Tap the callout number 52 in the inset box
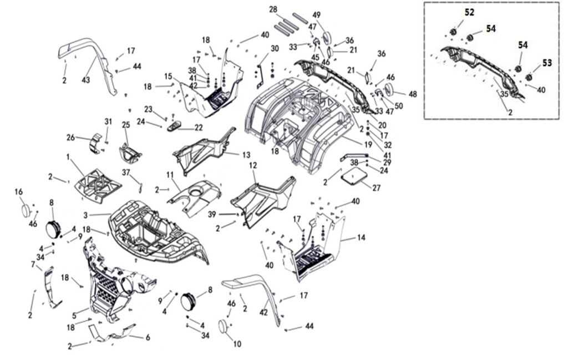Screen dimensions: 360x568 click(x=469, y=13)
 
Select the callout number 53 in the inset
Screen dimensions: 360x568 click(x=547, y=63)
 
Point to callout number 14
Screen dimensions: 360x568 click(x=361, y=237)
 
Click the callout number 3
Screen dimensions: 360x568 click(x=85, y=214)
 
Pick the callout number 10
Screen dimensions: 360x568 click(x=237, y=344)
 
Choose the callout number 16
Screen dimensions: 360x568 click(x=18, y=192)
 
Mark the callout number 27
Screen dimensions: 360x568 click(x=377, y=188)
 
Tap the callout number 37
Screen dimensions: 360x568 click(x=126, y=172)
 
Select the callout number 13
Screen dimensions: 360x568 click(x=245, y=154)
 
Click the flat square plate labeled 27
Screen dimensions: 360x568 click(x=355, y=176)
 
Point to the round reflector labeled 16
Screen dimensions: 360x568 click(x=25, y=211)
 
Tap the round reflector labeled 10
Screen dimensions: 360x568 click(x=225, y=327)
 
